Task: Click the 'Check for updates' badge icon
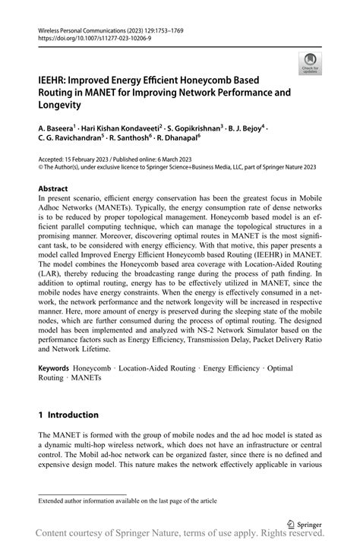(x=309, y=63)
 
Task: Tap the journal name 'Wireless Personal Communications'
(x=79, y=30)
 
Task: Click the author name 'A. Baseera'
(x=57, y=129)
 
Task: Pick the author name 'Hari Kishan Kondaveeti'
(x=117, y=129)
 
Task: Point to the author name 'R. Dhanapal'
(x=175, y=139)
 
